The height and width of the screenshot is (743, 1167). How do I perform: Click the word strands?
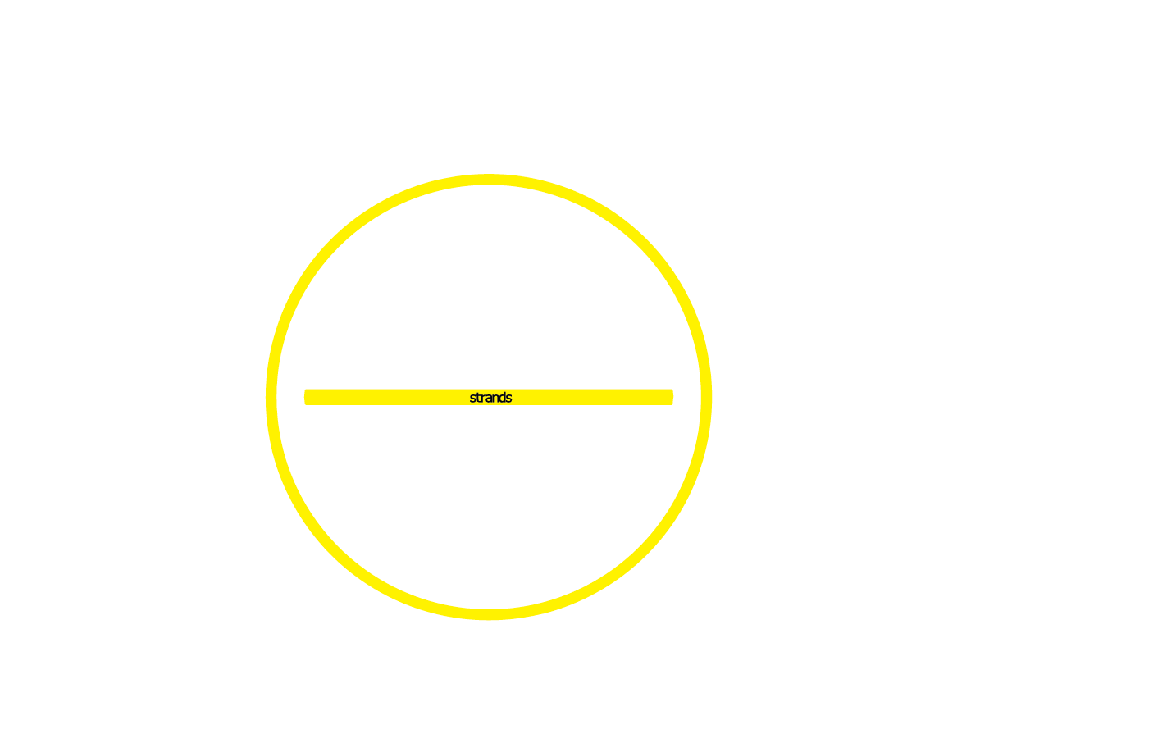click(490, 398)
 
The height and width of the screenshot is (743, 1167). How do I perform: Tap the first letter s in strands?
click(472, 398)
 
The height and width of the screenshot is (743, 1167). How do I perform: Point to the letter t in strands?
click(477, 398)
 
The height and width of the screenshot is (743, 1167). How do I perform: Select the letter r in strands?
click(482, 398)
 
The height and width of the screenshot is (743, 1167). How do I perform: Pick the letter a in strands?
click(488, 398)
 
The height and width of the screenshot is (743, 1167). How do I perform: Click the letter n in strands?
click(495, 398)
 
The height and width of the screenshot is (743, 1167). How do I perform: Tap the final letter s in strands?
click(508, 398)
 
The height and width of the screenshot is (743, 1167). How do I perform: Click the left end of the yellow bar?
click(307, 397)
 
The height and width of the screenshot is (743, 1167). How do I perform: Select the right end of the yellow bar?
click(671, 397)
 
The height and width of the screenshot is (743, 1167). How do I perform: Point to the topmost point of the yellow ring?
click(489, 179)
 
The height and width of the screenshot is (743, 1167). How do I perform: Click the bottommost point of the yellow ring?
click(489, 615)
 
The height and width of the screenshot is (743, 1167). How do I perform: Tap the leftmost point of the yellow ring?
click(271, 397)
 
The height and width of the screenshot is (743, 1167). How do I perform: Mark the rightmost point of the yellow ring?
click(707, 397)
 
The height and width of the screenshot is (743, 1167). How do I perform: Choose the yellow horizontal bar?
click(394, 397)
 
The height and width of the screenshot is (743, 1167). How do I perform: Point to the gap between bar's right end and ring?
click(687, 397)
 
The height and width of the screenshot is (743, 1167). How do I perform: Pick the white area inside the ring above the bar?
click(489, 287)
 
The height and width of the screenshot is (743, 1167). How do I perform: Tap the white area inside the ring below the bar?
click(489, 508)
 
